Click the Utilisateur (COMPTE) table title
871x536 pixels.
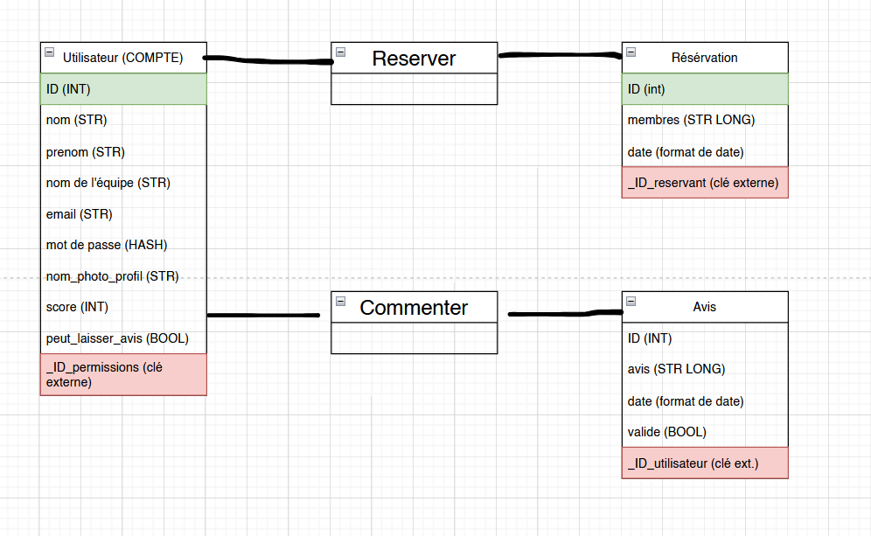[x=122, y=58]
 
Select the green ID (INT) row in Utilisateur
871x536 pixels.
[x=123, y=89]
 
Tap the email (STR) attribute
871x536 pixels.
[x=80, y=214]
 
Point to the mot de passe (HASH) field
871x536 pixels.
[x=107, y=245]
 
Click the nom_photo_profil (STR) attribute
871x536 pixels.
[x=112, y=276]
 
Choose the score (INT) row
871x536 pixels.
[x=77, y=307]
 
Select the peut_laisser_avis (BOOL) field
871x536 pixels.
[x=117, y=338]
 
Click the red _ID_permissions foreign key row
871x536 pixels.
[x=123, y=374]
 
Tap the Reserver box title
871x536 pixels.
[x=414, y=59]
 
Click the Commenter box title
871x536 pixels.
[x=414, y=308]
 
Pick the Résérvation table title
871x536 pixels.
[x=704, y=58]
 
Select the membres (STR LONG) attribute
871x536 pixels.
[x=691, y=120]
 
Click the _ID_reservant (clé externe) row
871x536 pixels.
[x=705, y=182]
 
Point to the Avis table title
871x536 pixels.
[x=704, y=307]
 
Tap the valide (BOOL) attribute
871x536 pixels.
[x=666, y=432]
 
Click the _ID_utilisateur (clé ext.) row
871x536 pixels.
[x=705, y=463]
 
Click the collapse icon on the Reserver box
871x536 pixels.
[x=341, y=52]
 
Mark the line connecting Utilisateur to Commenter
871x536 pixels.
[x=263, y=316]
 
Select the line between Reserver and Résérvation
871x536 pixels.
[x=560, y=55]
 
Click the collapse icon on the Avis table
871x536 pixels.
[x=631, y=301]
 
